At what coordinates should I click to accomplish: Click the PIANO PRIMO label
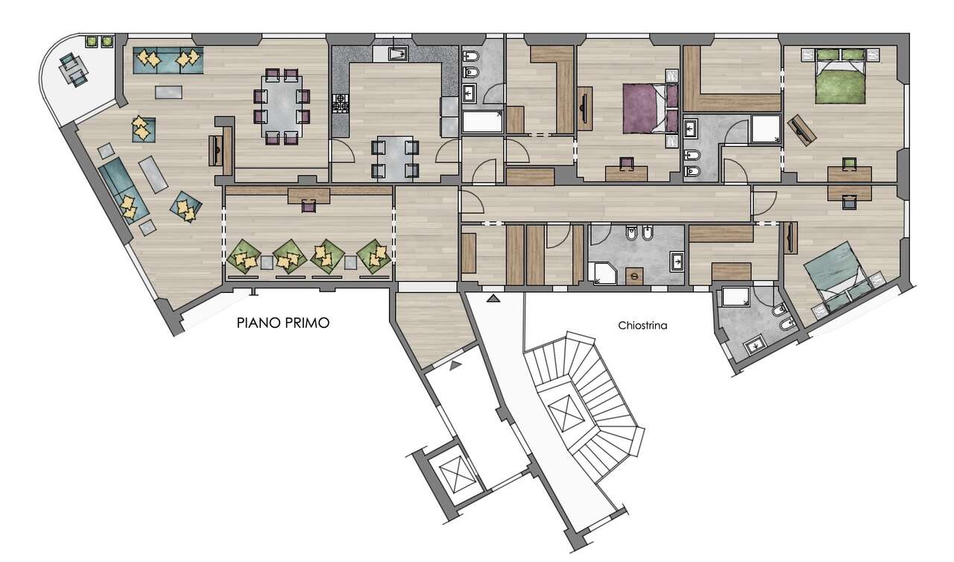[x=282, y=322]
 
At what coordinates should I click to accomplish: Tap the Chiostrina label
[x=642, y=326]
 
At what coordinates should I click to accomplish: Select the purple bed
[x=651, y=109]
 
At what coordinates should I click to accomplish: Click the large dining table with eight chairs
[x=282, y=107]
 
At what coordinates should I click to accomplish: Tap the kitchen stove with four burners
[x=341, y=104]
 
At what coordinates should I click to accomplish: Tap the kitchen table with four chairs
[x=395, y=160]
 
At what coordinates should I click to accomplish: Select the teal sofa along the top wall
[x=168, y=60]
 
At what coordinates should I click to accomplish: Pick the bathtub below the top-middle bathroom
[x=482, y=122]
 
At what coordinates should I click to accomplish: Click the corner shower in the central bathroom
[x=601, y=273]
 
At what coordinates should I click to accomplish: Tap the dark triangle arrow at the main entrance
[x=493, y=298]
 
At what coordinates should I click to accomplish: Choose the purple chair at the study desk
[x=309, y=206]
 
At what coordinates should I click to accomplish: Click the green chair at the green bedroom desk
[x=849, y=162]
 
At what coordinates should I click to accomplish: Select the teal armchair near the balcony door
[x=143, y=130]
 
